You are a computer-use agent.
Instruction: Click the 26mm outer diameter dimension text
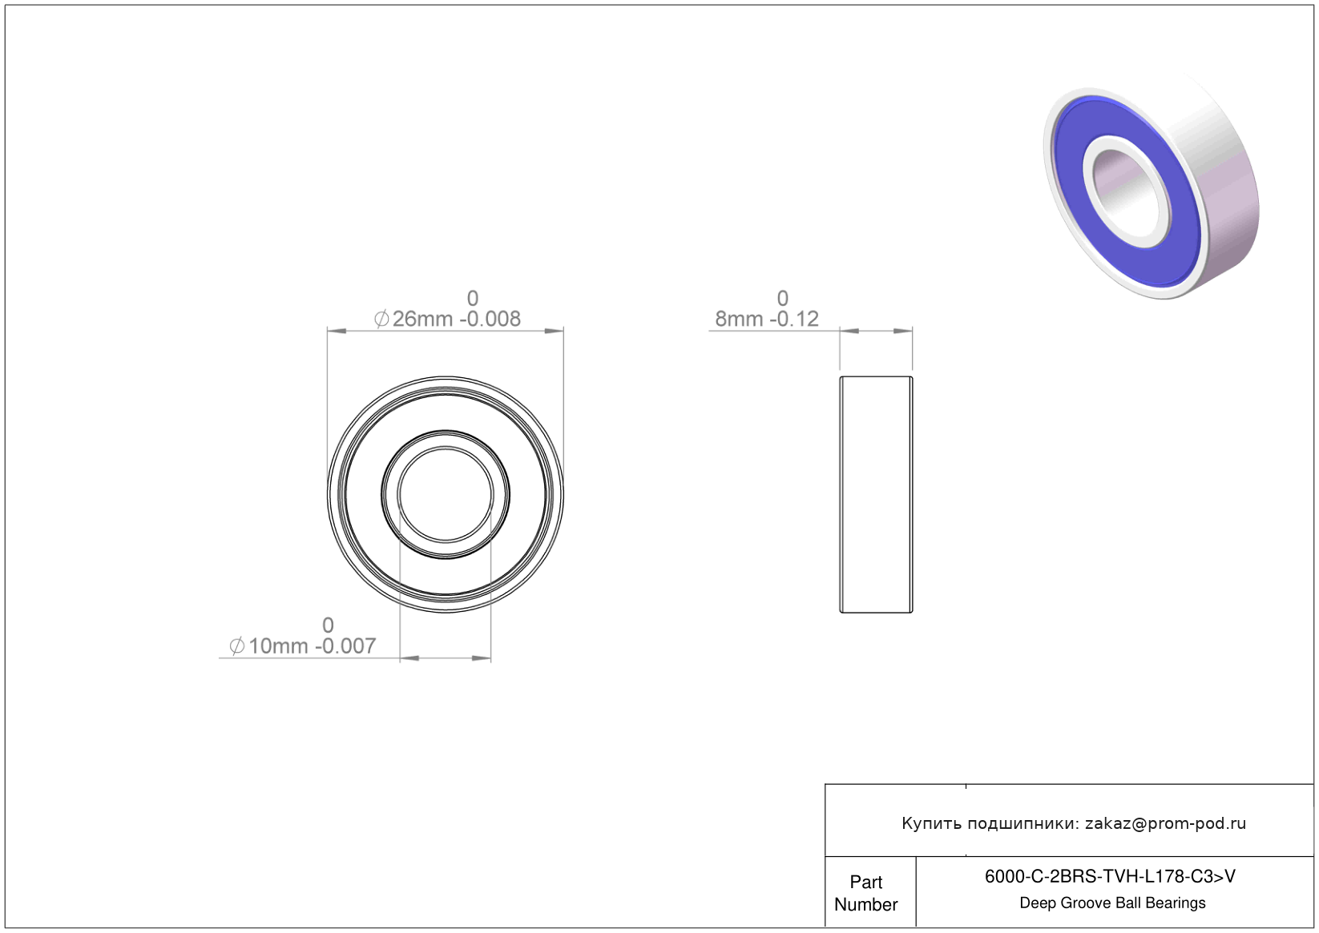(422, 319)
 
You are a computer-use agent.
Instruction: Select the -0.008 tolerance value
(490, 319)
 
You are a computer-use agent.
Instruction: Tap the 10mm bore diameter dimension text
(278, 646)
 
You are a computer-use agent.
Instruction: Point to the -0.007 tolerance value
(345, 646)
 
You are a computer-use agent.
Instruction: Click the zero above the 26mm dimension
(472, 299)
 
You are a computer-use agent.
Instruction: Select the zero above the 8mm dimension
(783, 299)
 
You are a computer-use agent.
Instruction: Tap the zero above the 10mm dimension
(328, 625)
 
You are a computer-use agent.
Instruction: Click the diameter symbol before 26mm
(381, 319)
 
